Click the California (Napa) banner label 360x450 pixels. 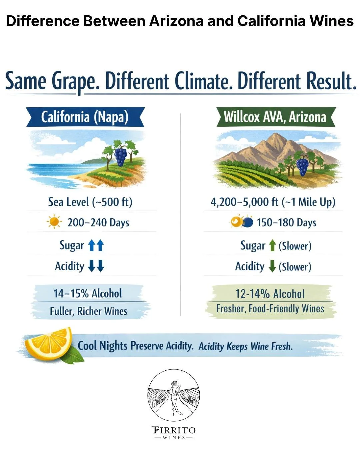pyautogui.click(x=85, y=117)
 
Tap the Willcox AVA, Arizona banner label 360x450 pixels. pyautogui.click(x=275, y=117)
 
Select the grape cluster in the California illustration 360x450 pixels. pyautogui.click(x=120, y=157)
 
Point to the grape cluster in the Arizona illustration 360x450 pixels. pyautogui.click(x=302, y=167)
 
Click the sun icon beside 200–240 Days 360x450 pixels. pyautogui.click(x=54, y=222)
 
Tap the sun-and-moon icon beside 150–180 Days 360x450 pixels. pyautogui.click(x=242, y=222)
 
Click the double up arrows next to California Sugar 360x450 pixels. pyautogui.click(x=96, y=245)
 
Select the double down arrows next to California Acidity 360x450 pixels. pyautogui.click(x=96, y=266)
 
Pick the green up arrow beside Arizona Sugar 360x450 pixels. pyautogui.click(x=272, y=245)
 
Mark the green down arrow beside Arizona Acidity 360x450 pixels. pyautogui.click(x=272, y=266)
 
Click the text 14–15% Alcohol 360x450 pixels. pyautogui.click(x=88, y=293)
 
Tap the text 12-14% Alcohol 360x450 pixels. pyautogui.click(x=270, y=294)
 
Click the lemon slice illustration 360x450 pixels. pyautogui.click(x=50, y=343)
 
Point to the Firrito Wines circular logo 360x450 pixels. pyautogui.click(x=174, y=395)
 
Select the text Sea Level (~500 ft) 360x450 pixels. pyautogui.click(x=90, y=202)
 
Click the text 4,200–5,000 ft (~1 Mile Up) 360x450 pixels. pyautogui.click(x=273, y=202)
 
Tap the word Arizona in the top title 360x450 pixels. pyautogui.click(x=176, y=21)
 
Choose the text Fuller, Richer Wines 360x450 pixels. pyautogui.click(x=88, y=311)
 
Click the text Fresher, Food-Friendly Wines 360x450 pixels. pyautogui.click(x=270, y=309)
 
